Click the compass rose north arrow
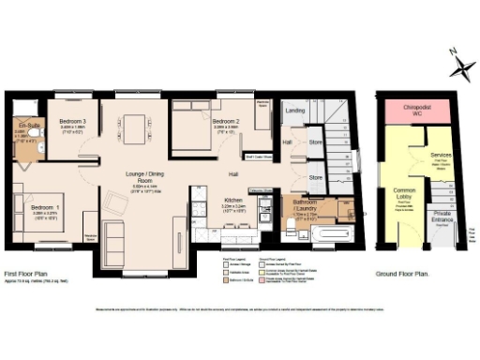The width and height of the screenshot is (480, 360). pyautogui.click(x=459, y=67)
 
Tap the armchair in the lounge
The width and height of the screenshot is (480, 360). pyautogui.click(x=115, y=201)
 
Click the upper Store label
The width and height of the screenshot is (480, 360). pyautogui.click(x=316, y=143)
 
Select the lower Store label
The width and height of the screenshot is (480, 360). pyautogui.click(x=316, y=176)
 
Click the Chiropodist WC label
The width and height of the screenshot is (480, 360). pyautogui.click(x=415, y=108)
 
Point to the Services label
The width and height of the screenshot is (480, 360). pyautogui.click(x=442, y=154)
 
